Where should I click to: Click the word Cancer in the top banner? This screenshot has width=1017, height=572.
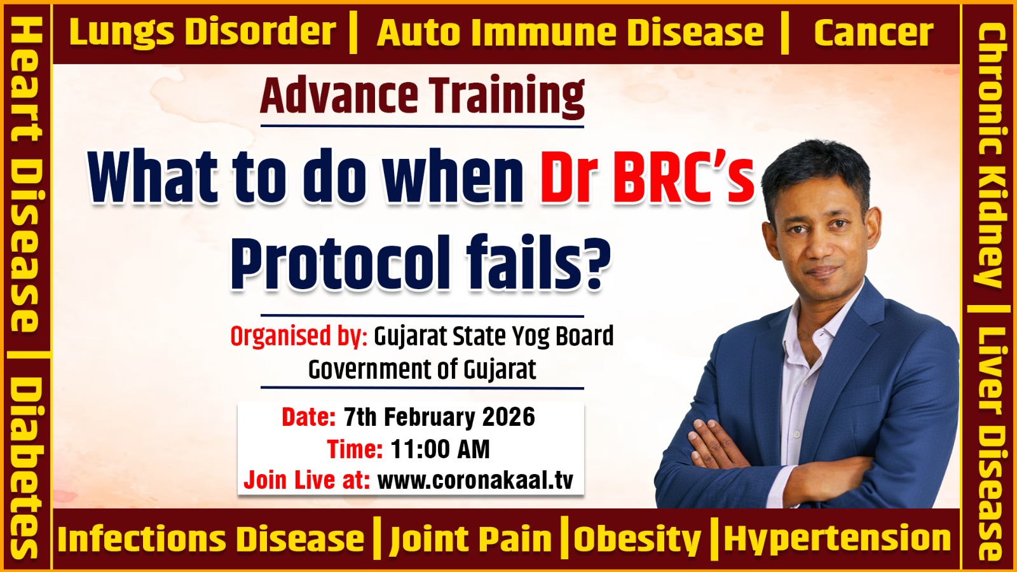[x=873, y=32]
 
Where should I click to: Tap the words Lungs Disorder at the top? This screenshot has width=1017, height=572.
[x=203, y=32]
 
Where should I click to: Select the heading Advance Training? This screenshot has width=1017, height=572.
[x=422, y=97]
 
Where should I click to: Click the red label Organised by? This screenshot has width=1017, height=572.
[x=299, y=336]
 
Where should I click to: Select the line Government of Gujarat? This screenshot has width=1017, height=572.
[x=422, y=369]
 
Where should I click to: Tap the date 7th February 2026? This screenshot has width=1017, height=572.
[x=439, y=417]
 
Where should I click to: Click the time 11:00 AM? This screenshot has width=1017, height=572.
[x=440, y=449]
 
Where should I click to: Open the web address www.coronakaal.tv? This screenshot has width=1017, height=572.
[x=475, y=480]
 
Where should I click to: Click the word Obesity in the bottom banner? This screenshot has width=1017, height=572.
[x=638, y=540]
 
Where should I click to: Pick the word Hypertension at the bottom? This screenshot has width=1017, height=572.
[x=837, y=539]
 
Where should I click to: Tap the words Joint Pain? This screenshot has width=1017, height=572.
[x=471, y=540]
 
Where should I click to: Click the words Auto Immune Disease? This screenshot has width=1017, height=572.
[x=570, y=32]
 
